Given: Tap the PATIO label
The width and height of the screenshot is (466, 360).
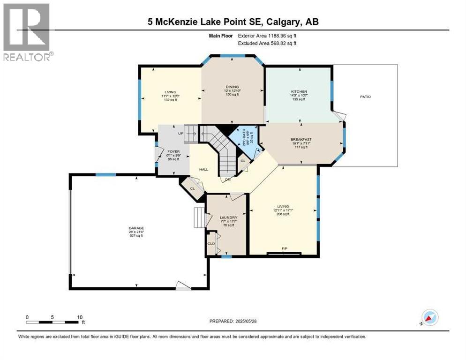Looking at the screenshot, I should click(x=365, y=97).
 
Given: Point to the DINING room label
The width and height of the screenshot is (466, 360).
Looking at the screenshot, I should click(x=232, y=87).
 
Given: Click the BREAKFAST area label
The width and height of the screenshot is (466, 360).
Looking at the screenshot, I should click(x=301, y=139).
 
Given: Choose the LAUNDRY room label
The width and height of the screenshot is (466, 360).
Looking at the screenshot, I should click(x=228, y=217).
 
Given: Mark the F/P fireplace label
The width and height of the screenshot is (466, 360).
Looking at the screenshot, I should click(x=284, y=248).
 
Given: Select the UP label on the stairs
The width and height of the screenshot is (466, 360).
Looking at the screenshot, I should click(x=180, y=133).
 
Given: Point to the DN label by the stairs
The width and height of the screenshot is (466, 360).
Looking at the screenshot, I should click(x=228, y=179).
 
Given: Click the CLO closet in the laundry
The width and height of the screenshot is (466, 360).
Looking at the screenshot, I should click(x=211, y=243).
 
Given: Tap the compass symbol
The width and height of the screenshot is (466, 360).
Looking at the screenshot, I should click(x=429, y=317).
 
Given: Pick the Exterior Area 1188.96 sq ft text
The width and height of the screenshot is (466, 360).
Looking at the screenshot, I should click(x=267, y=35).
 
